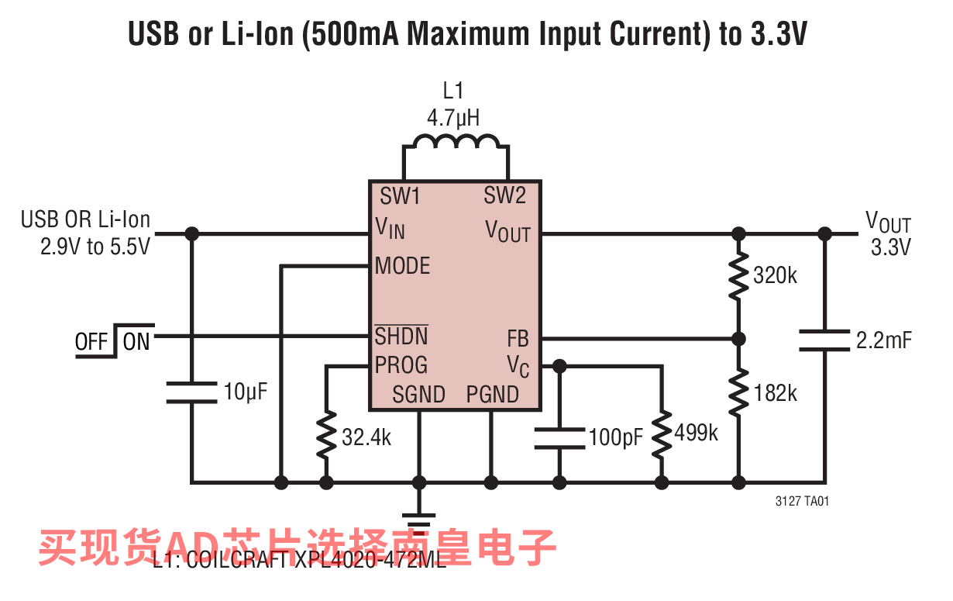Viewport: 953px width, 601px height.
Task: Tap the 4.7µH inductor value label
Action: coord(453,119)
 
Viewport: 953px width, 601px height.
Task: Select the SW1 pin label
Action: coord(400,196)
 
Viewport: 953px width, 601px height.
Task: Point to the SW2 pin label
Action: coord(504,196)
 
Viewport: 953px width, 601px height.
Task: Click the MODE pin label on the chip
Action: coord(402,266)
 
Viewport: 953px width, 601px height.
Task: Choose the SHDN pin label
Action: coord(401,337)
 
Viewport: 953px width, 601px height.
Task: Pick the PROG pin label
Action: coord(401,364)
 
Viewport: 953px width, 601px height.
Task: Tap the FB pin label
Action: coord(518,338)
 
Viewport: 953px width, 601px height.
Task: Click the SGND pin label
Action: coord(418,395)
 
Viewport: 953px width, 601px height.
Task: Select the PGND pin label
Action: coord(493,395)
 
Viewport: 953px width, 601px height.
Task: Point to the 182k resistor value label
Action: coord(775,393)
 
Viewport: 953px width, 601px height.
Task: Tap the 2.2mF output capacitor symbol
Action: coord(824,340)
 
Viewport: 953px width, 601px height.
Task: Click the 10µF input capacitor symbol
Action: coord(191,392)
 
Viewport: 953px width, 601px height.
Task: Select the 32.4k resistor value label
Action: coord(366,438)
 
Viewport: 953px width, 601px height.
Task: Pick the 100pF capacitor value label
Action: coord(616,437)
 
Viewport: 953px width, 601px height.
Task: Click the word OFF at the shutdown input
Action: coord(91,342)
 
